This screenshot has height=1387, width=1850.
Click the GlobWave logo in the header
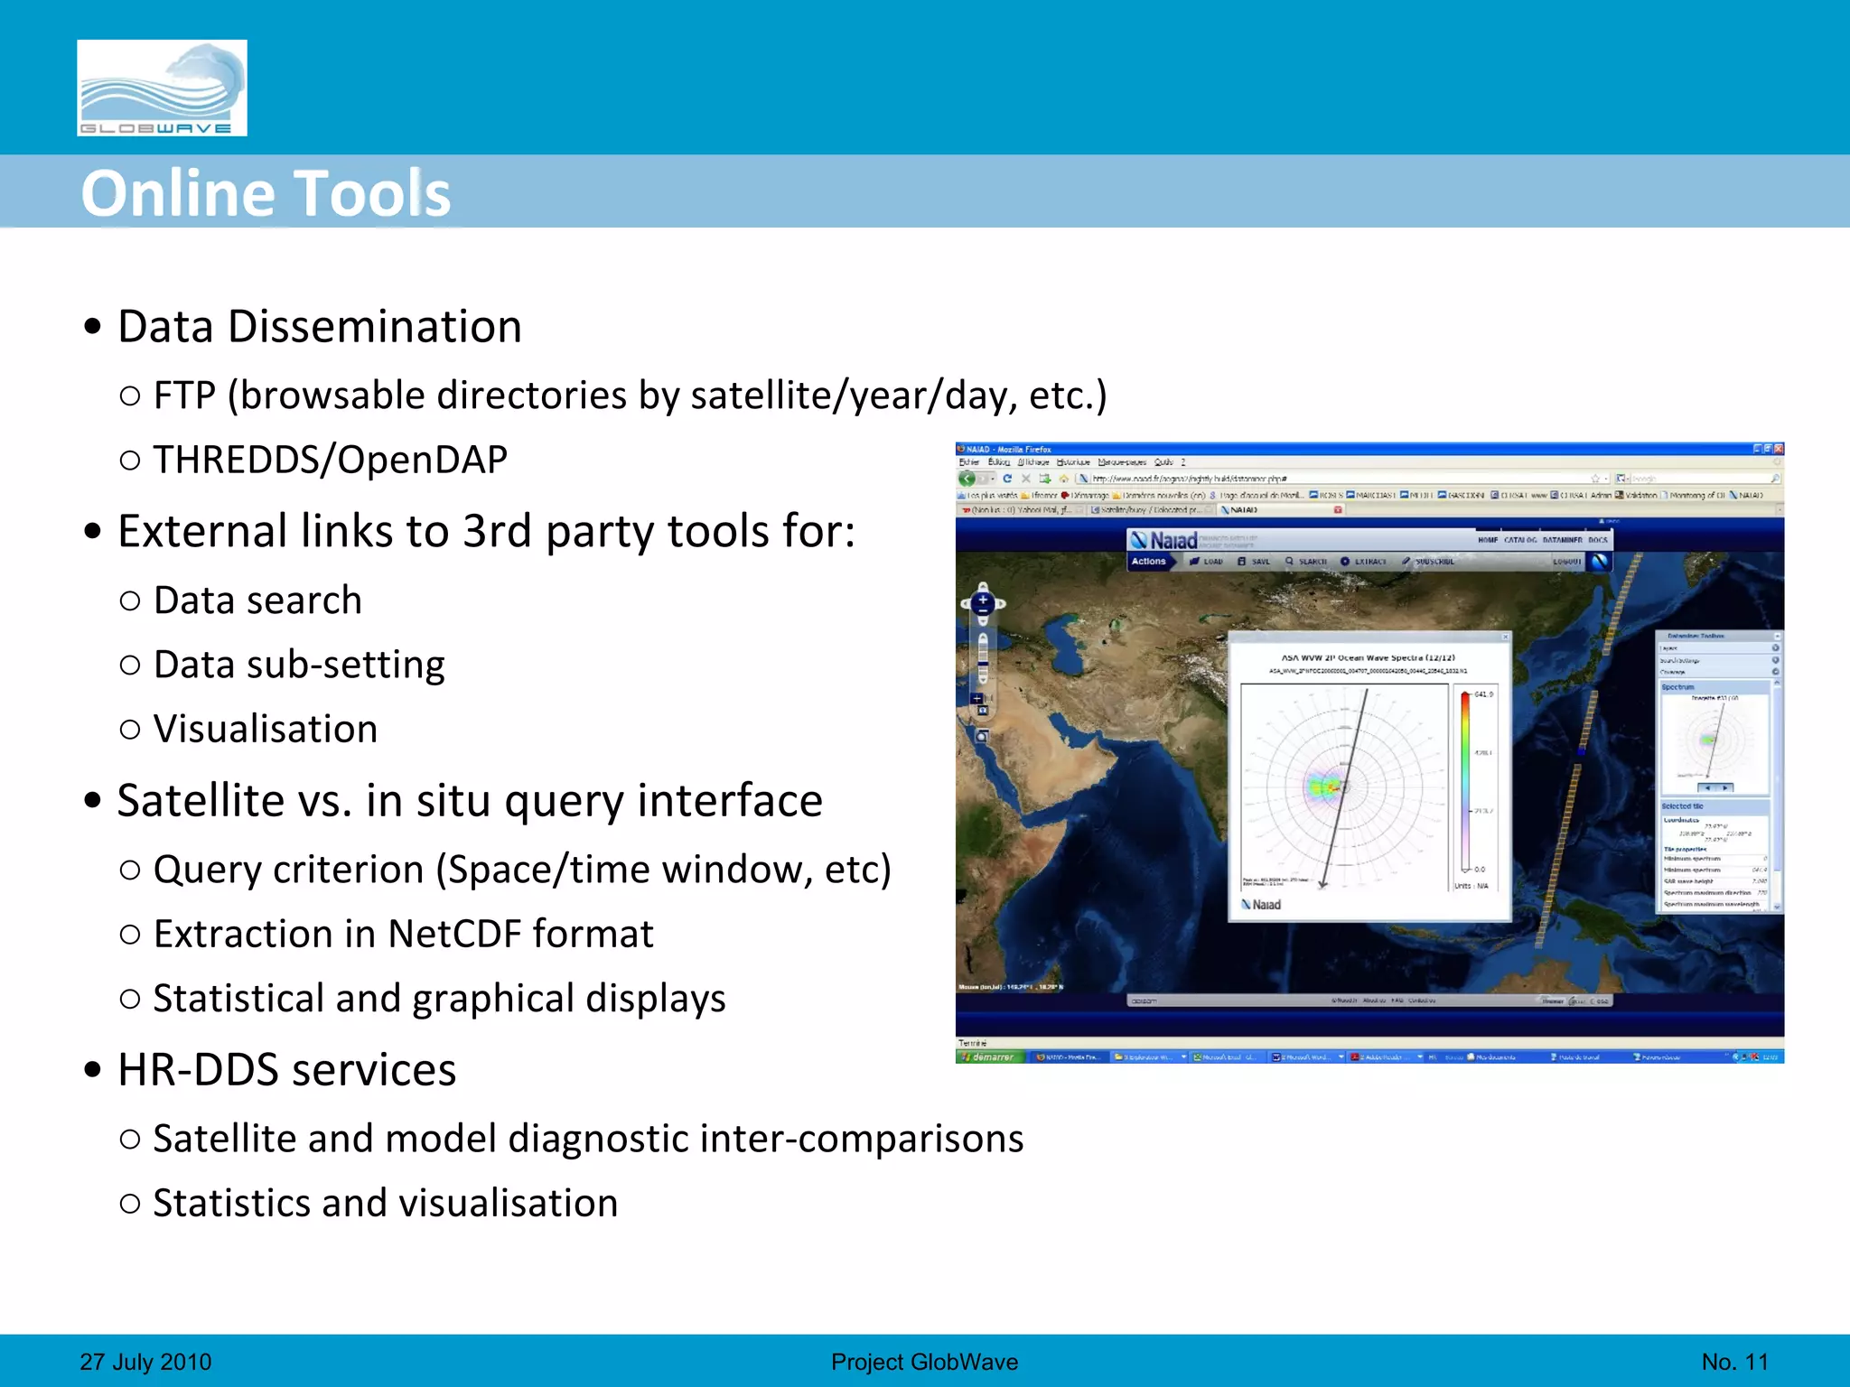tap(162, 88)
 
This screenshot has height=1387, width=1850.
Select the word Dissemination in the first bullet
tap(375, 326)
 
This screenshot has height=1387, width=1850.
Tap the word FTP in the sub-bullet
tap(185, 396)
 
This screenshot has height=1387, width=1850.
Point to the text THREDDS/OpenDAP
tap(331, 460)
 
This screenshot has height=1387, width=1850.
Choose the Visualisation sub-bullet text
tap(266, 729)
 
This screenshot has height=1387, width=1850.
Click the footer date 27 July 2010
tap(145, 1362)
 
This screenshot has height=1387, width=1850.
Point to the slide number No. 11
tap(1734, 1362)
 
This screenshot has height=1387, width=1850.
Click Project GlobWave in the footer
tap(924, 1362)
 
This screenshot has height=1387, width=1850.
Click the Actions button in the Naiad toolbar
tap(1149, 562)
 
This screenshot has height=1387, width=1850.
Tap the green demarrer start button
tap(990, 1057)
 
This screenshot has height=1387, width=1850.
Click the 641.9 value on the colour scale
tap(1484, 694)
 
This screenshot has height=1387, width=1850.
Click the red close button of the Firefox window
tap(1778, 449)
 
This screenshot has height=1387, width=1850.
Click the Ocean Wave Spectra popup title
tap(1368, 657)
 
